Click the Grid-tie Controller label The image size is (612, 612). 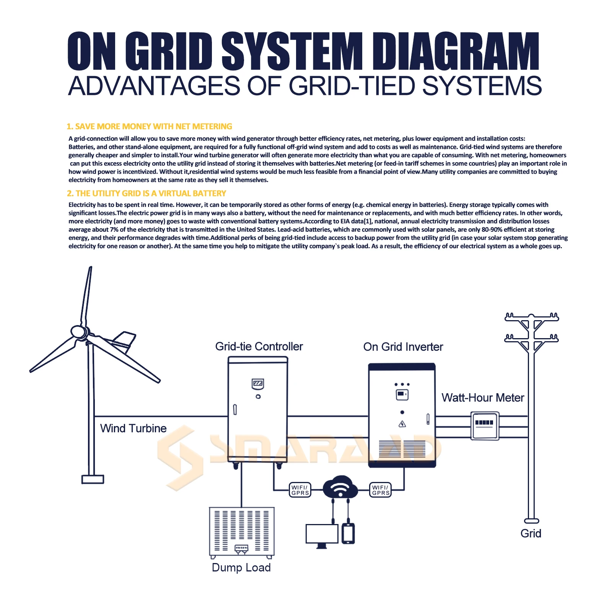(259, 347)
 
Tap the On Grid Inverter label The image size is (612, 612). (403, 347)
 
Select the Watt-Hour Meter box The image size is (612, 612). (485, 426)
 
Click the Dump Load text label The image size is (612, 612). (241, 568)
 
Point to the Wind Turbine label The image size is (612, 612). (133, 428)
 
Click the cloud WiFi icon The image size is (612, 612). (340, 487)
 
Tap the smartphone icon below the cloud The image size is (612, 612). (348, 533)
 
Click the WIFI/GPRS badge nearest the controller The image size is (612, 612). (300, 490)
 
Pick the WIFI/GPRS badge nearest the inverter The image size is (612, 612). (381, 490)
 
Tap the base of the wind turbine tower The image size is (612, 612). (93, 479)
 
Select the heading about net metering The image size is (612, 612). (150, 127)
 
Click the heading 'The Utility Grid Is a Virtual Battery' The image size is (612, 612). (146, 194)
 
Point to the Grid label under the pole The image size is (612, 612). (531, 534)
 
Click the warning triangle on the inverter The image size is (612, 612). (402, 424)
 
